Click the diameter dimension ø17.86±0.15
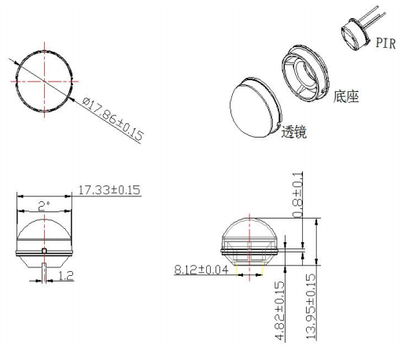[112, 119]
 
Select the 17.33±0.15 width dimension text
[109, 190]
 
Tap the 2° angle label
[44, 206]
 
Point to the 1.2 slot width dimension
[65, 275]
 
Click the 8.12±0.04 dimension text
[201, 270]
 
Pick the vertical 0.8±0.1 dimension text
[297, 195]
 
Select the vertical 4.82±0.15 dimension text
[280, 310]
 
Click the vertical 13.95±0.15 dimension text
[311, 307]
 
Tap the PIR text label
[385, 43]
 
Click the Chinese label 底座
[346, 97]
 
